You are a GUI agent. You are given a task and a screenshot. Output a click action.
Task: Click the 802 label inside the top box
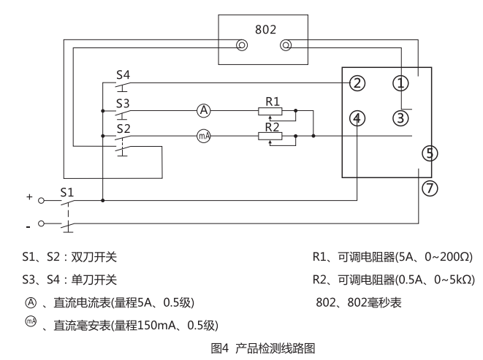click(x=265, y=28)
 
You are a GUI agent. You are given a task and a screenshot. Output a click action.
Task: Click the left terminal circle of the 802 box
click(x=241, y=46)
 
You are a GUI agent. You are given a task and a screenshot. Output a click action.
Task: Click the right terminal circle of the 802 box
click(x=286, y=46)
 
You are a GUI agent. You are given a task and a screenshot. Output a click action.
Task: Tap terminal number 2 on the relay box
click(x=357, y=83)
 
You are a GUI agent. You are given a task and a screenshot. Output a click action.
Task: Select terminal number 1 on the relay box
click(x=400, y=83)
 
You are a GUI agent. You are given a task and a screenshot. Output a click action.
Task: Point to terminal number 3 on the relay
click(x=400, y=117)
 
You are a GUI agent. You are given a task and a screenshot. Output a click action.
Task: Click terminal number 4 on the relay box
click(x=357, y=118)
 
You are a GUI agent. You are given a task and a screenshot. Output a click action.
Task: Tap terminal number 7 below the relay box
click(x=431, y=188)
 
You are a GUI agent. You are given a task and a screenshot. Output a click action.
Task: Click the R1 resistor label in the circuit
click(x=273, y=100)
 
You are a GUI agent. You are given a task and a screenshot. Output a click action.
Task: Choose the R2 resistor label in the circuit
click(x=273, y=126)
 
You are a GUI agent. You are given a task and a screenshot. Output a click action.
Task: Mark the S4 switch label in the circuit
click(x=124, y=74)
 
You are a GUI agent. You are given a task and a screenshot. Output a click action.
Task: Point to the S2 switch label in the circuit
click(x=124, y=128)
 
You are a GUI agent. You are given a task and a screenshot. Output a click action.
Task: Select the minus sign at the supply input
click(x=28, y=223)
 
